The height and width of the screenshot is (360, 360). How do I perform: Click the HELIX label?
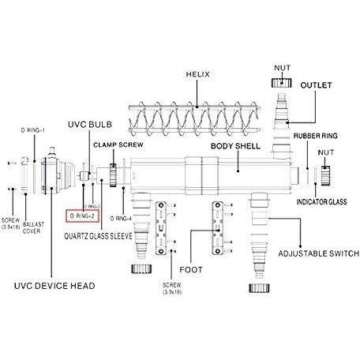198,74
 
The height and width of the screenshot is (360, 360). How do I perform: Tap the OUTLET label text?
316,85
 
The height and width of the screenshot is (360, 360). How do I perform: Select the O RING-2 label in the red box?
82,216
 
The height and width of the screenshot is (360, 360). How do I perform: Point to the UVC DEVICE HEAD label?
54,286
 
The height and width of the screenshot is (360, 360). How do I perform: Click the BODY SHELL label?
235,146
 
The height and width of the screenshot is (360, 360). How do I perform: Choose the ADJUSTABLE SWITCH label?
319,253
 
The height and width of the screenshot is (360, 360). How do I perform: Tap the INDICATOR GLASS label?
321,202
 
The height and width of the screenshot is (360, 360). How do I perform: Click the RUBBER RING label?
316,136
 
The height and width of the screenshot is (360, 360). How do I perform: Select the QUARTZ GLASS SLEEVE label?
98,236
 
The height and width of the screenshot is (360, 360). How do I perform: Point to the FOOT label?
191,270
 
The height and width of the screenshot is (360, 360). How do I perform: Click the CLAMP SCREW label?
118,144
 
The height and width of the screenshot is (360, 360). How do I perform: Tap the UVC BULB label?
90,125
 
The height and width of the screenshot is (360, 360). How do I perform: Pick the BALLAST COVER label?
33,228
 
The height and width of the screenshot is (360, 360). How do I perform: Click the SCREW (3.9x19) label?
172,288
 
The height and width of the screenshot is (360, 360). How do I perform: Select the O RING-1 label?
33,130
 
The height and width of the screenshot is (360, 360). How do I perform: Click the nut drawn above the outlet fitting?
282,83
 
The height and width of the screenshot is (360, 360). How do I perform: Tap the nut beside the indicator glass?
325,175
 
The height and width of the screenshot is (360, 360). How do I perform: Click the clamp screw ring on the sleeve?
113,175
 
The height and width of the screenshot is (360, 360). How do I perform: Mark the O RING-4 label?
121,219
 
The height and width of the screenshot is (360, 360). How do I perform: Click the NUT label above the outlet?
283,68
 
